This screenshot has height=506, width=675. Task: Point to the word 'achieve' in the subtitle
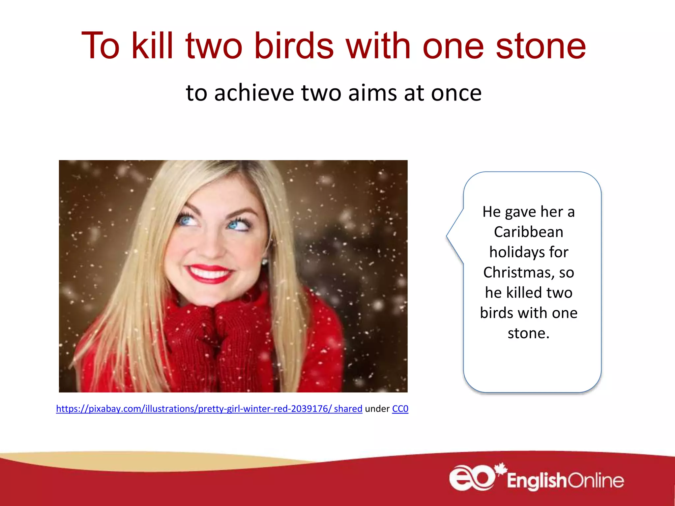pos(254,93)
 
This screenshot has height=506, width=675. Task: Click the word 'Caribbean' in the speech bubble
pos(529,232)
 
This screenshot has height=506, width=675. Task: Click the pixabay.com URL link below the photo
pos(209,409)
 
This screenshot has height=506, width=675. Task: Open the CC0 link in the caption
pos(400,409)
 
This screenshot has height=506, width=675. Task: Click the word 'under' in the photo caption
pos(377,409)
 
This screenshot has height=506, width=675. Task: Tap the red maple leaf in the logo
pos(501,468)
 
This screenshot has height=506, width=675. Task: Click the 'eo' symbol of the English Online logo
pos(472,478)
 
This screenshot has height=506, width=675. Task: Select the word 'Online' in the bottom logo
pos(596,481)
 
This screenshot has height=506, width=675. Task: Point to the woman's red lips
pos(209,274)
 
